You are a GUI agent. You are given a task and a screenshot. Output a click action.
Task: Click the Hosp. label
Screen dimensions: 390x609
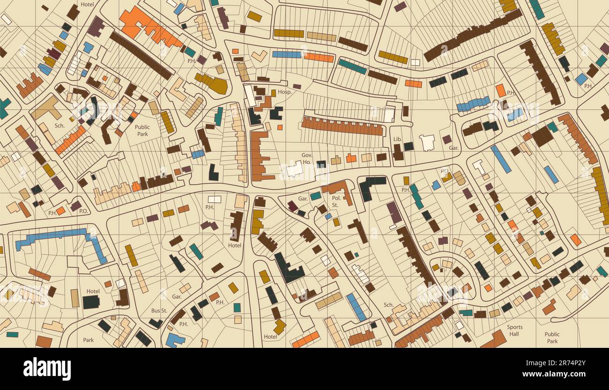tap(284, 92)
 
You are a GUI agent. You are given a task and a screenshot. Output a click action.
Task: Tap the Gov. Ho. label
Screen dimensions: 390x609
tap(307, 158)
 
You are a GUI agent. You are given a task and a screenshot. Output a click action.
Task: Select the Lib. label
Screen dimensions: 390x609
tap(398, 140)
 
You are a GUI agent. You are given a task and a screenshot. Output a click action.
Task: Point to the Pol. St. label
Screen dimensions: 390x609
tap(334, 202)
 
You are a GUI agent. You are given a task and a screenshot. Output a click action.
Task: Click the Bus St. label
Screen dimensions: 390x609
tap(159, 310)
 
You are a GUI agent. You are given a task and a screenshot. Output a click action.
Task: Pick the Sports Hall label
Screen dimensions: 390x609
tap(514, 331)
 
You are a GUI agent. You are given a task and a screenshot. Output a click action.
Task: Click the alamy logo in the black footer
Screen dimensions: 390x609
tap(47, 368)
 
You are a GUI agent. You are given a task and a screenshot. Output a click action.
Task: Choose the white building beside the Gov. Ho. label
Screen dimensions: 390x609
tap(295, 169)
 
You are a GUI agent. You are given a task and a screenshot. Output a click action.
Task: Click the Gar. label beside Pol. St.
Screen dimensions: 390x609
tap(303, 199)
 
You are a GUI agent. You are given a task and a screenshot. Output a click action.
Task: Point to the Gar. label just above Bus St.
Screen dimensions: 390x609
tap(177, 297)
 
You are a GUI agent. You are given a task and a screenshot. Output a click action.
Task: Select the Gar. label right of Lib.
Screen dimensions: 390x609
tap(453, 148)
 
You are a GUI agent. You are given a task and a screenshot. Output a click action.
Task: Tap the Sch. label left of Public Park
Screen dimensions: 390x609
tap(59, 125)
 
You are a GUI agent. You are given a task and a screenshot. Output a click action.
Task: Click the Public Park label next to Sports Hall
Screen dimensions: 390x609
tap(552, 338)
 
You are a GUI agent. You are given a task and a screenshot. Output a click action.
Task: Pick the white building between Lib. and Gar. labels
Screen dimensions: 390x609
tap(427, 142)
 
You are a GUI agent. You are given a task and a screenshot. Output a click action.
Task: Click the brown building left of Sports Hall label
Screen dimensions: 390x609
tap(494, 339)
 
